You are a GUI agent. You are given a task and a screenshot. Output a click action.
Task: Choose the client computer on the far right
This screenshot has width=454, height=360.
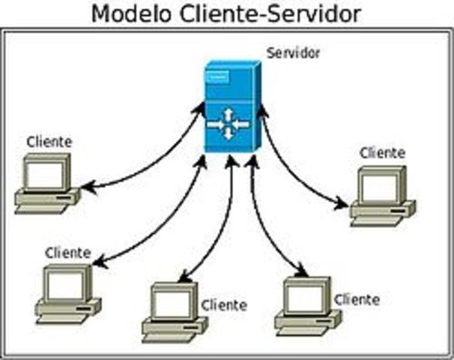coord(382,195)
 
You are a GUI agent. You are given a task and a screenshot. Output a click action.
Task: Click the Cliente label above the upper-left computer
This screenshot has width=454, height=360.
coord(49,141)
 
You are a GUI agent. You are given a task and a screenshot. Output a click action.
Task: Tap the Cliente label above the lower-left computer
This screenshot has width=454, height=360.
coord(67,253)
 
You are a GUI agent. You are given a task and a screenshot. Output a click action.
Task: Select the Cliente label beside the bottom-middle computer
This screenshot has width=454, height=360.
coord(223,305)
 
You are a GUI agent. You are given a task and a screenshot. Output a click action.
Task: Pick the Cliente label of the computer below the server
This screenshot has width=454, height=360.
coord(357,299)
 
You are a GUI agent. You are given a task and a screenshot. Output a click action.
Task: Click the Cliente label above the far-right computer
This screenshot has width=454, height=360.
coord(382,152)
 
